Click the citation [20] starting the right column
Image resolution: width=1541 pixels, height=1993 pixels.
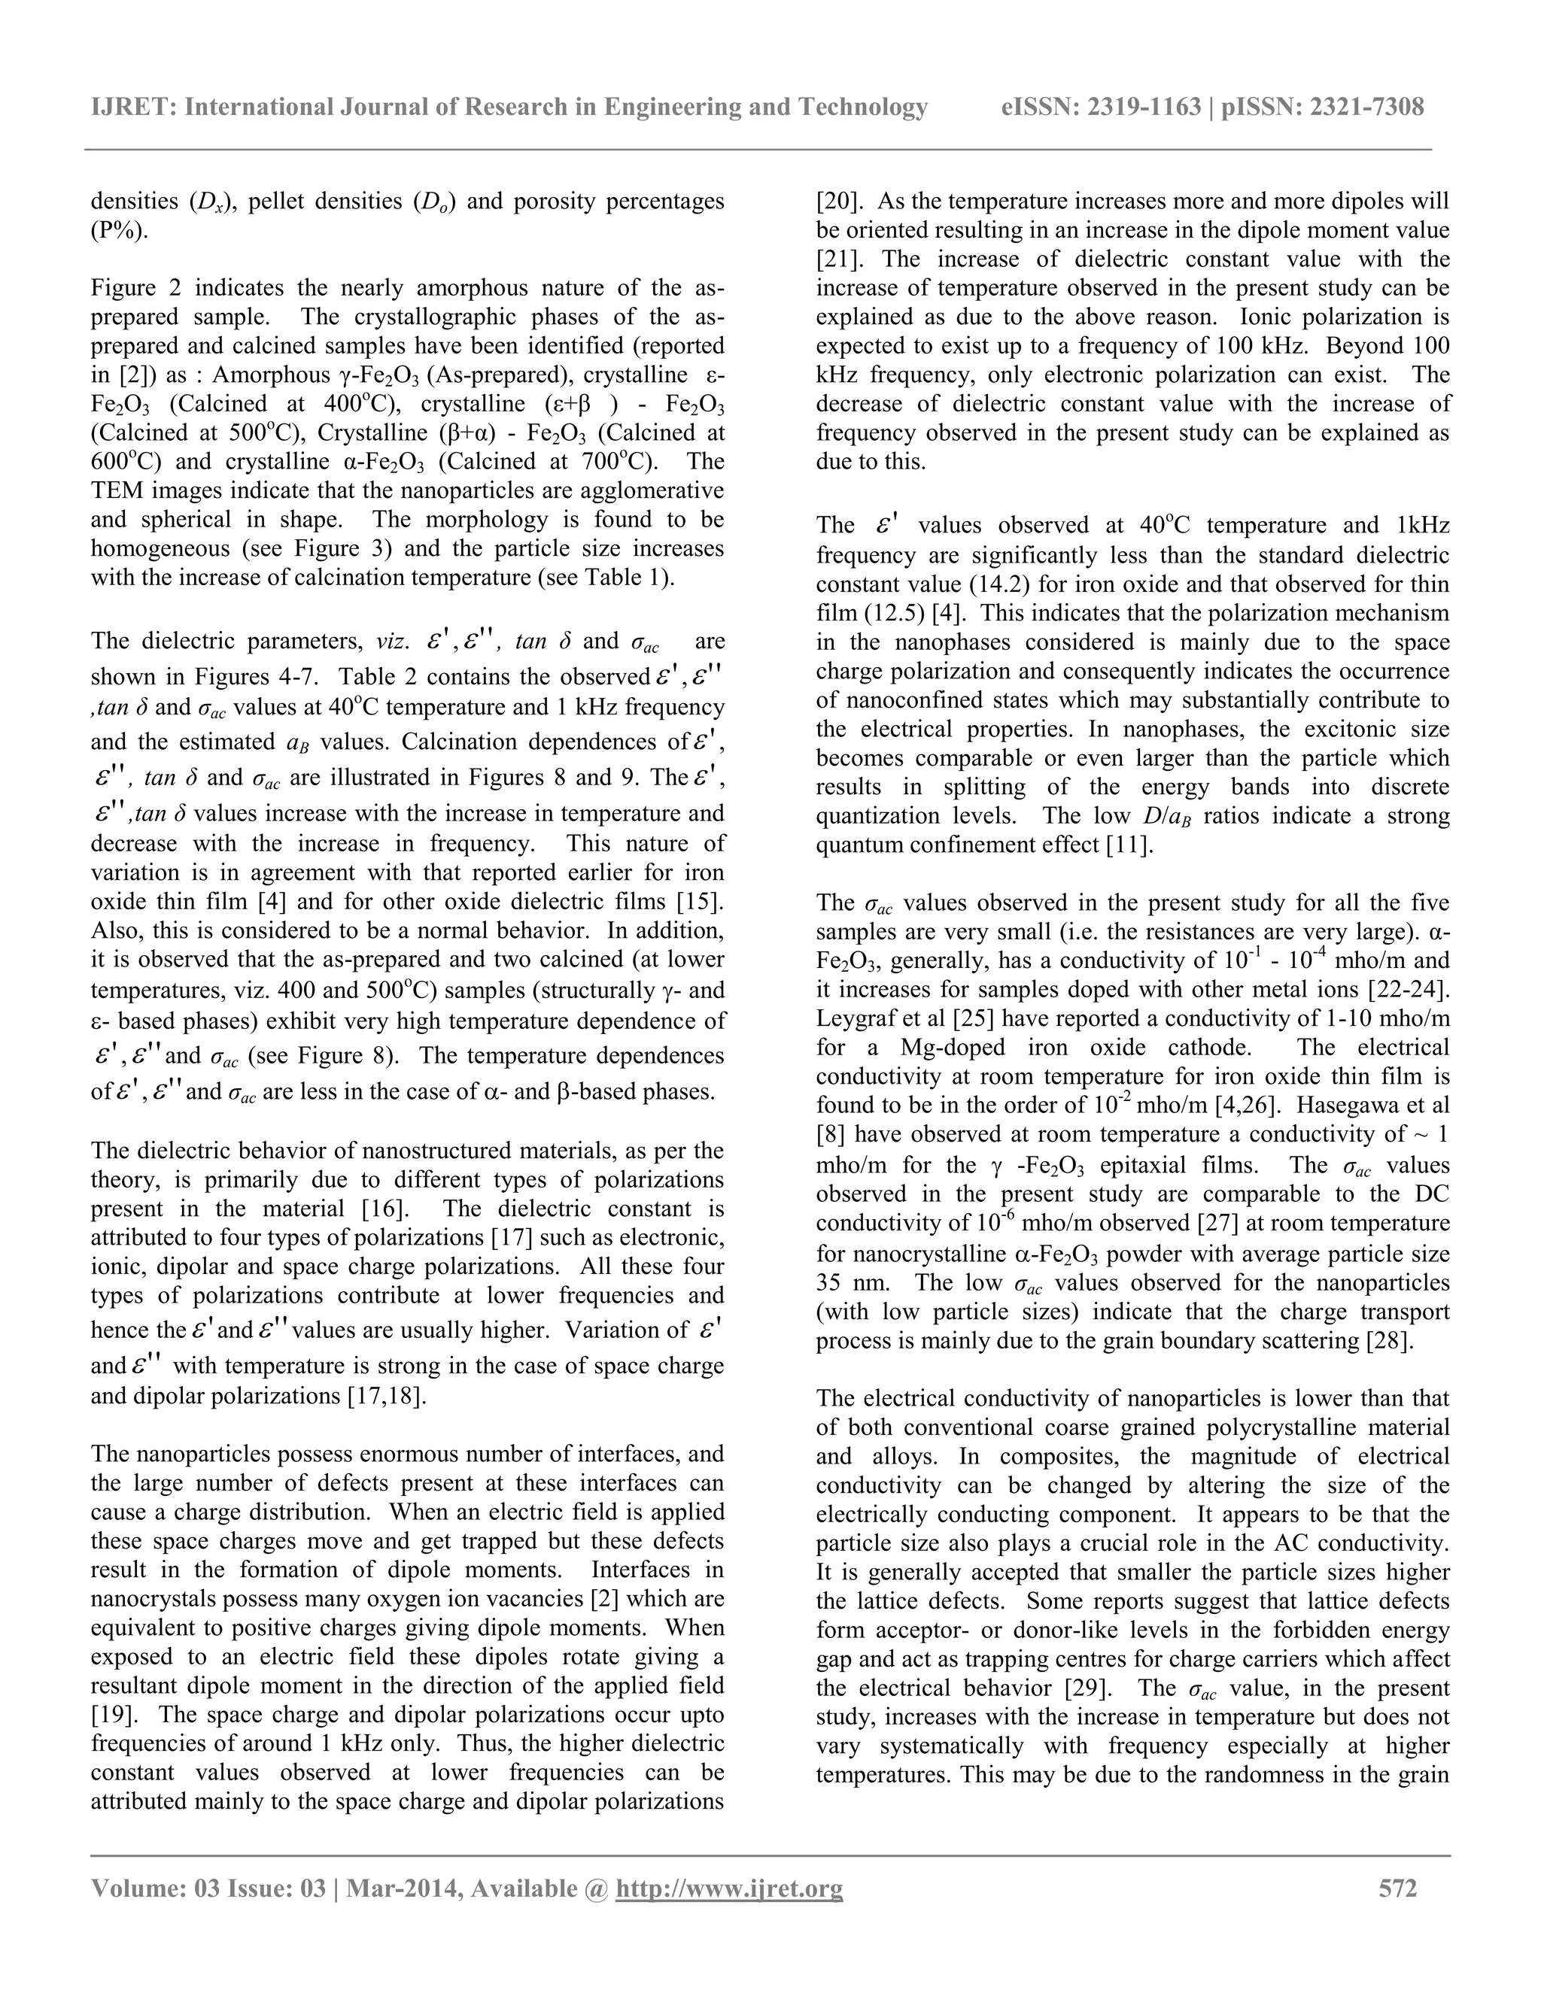click(x=834, y=201)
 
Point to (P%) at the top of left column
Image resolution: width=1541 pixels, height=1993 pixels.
click(x=119, y=230)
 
